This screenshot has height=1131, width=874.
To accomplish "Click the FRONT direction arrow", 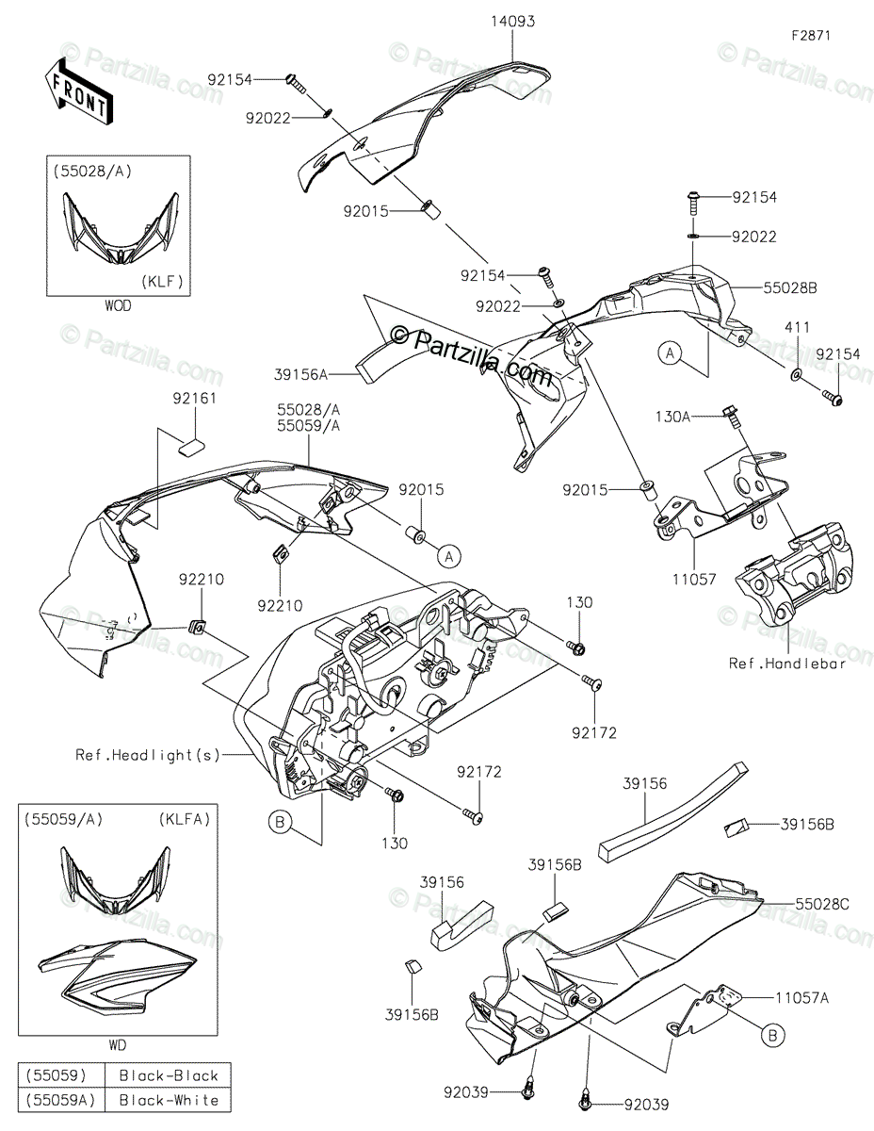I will pyautogui.click(x=78, y=91).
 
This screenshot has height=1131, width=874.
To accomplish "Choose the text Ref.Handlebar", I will pyautogui.click(x=787, y=663).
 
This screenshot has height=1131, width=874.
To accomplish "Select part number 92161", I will pyautogui.click(x=194, y=399).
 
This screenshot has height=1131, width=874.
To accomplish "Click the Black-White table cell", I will pyautogui.click(x=169, y=1099).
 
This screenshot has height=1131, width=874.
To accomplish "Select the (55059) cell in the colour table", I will pyautogui.click(x=58, y=1074).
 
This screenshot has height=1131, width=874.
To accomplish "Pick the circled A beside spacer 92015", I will pyautogui.click(x=449, y=557).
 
